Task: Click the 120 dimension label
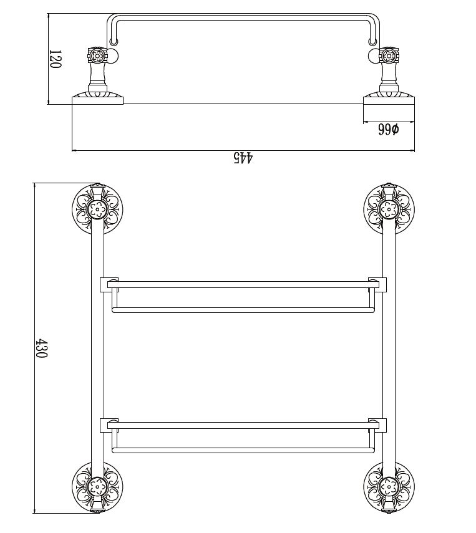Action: (55, 59)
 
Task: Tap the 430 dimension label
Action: (42, 348)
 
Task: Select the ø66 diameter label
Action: (388, 130)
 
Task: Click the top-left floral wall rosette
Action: (97, 209)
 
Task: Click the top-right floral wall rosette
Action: (389, 209)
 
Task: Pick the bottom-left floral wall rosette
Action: (97, 487)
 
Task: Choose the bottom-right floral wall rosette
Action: (389, 487)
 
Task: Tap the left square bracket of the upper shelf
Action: (109, 284)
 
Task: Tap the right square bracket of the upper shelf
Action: (377, 284)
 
